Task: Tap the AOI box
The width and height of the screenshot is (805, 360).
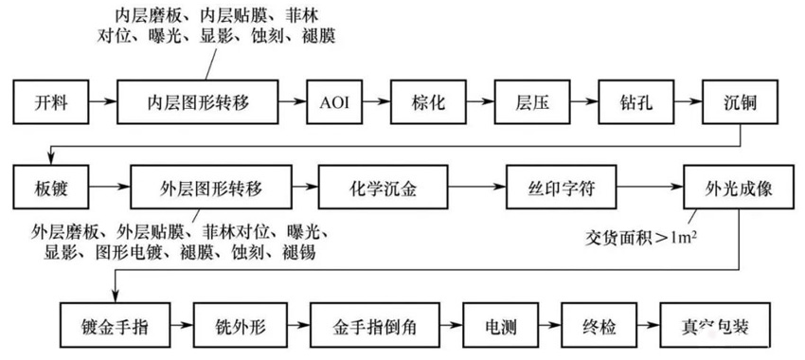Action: [335, 99]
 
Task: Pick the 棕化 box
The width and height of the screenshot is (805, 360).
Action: [428, 99]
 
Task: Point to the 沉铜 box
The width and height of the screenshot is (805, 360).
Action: [741, 99]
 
